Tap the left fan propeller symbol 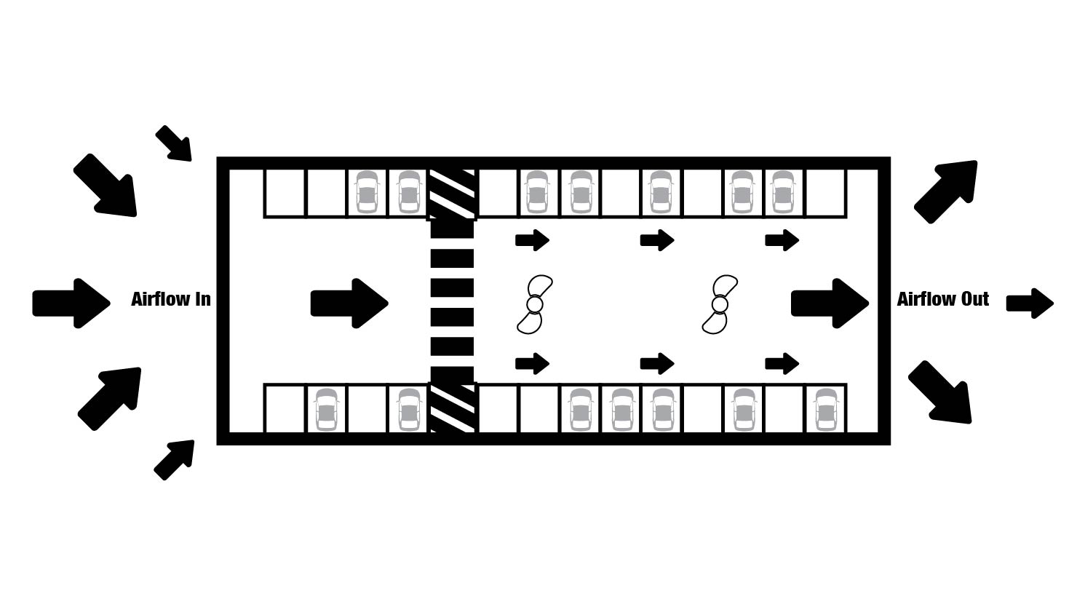[535, 304]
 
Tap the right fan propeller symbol [720, 304]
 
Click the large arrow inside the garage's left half [349, 303]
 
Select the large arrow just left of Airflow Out [830, 303]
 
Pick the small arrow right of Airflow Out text [1030, 303]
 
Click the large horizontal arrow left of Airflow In [71, 303]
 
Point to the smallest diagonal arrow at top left [174, 143]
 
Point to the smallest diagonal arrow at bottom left [174, 460]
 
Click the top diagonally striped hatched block [452, 194]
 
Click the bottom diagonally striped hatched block [452, 408]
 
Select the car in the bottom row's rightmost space [826, 409]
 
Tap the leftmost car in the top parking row [367, 192]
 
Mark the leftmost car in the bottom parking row [326, 409]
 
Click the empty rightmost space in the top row [825, 193]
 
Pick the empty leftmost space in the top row [285, 193]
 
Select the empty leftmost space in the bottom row [285, 408]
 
